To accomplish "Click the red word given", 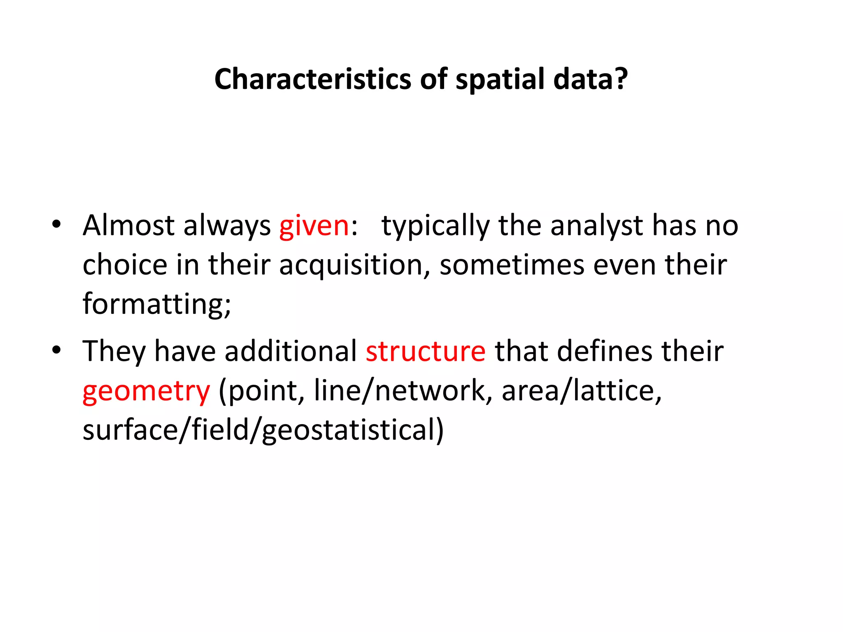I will point(314,226).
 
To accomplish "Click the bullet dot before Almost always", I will point(56,224).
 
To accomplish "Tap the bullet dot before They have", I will point(56,350).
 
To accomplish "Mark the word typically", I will point(435,226).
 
